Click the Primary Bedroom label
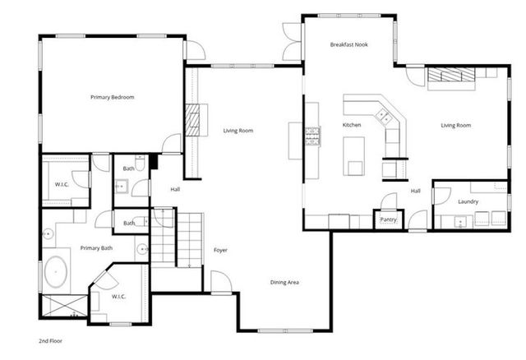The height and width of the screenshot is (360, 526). [112, 97]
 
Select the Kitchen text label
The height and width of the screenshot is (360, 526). [352, 125]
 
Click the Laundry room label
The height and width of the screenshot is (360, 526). [468, 201]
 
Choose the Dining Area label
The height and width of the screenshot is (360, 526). [284, 282]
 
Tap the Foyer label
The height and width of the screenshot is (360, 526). [220, 250]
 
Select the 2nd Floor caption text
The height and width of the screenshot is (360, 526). [50, 340]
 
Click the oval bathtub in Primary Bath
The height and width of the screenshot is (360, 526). [56, 272]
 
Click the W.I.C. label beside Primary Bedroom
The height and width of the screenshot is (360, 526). [62, 183]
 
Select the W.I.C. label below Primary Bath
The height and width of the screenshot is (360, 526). [119, 297]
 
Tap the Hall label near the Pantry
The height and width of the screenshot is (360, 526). [416, 191]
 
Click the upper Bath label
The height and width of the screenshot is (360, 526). [129, 168]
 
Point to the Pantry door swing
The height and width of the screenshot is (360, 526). [389, 201]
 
